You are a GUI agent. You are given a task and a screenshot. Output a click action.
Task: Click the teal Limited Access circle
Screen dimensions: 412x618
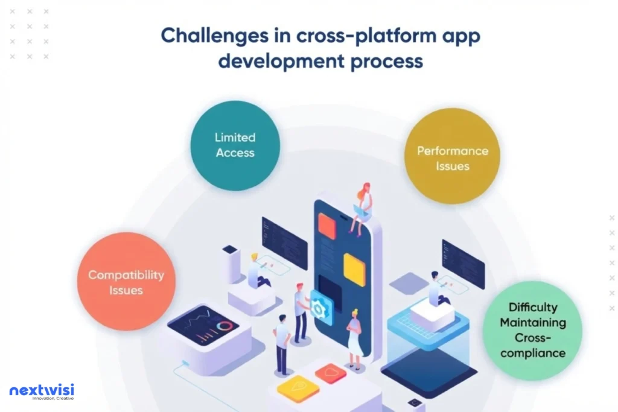[x=235, y=145]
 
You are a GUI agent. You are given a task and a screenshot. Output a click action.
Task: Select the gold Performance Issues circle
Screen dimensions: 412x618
[x=452, y=158]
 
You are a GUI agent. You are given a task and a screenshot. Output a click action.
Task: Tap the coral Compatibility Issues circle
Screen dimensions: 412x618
[x=126, y=282]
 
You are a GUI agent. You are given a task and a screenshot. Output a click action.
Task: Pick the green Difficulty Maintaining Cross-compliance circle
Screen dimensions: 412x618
[x=532, y=330]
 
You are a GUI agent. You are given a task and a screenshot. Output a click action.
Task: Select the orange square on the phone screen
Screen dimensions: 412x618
[x=327, y=225]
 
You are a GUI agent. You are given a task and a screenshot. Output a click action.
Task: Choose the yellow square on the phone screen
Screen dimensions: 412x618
[x=354, y=269]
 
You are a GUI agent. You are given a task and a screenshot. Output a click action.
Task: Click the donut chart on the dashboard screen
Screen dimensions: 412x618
[x=225, y=326]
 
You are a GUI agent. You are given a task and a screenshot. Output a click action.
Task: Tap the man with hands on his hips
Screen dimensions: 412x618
[x=282, y=343]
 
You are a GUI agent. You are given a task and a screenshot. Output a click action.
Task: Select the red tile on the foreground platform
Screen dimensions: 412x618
[x=330, y=373]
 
